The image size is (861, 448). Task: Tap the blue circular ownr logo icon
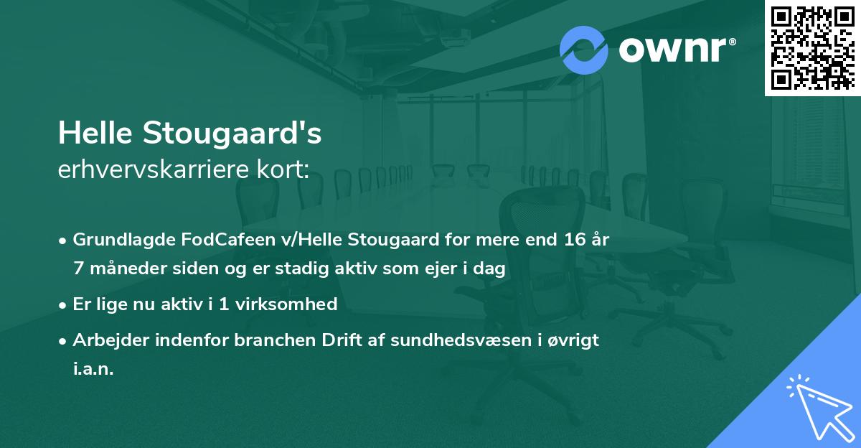(x=583, y=50)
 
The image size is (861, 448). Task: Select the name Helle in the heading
(x=95, y=134)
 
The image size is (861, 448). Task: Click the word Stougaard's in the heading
(x=232, y=134)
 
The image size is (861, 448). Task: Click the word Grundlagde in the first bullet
(x=118, y=240)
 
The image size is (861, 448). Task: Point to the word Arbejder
(x=105, y=340)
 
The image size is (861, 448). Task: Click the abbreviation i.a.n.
(x=93, y=370)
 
